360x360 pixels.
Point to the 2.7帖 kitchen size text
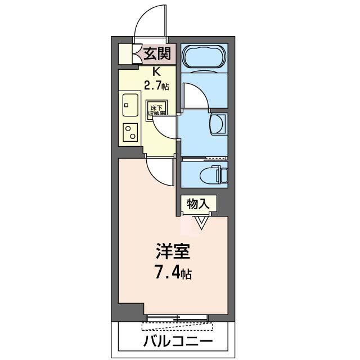coord(156,85)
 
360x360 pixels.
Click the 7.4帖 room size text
coord(173,274)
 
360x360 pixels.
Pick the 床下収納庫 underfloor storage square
coord(156,110)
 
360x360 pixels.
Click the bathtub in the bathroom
coord(204,58)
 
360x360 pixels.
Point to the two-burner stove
coord(130,132)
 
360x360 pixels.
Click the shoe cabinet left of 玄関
coord(127,54)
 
